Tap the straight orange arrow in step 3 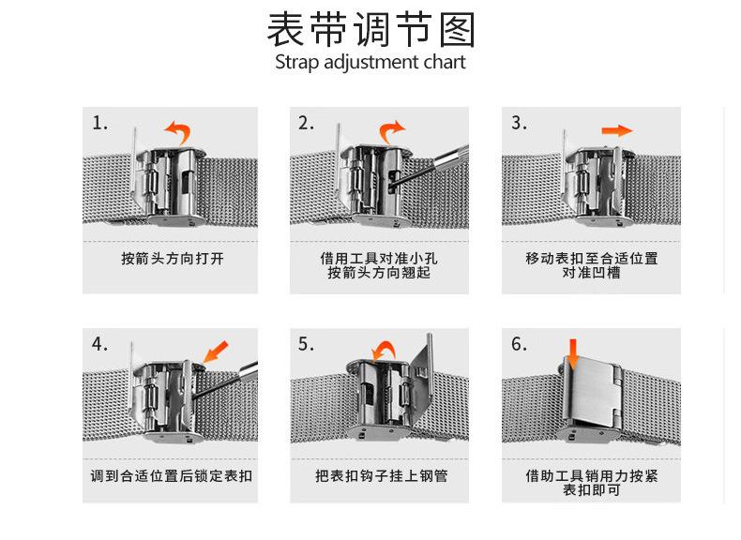(617, 130)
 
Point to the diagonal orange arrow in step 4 (216, 352)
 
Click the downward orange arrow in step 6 (573, 353)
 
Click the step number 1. (99, 124)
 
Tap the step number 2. (306, 124)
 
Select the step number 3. (519, 124)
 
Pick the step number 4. (99, 344)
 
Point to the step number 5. (306, 344)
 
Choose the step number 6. (519, 344)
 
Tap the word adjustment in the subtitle (371, 63)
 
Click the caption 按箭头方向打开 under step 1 (173, 259)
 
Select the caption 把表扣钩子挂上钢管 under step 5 (382, 475)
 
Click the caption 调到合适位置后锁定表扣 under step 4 (171, 475)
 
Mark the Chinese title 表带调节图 (371, 30)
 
